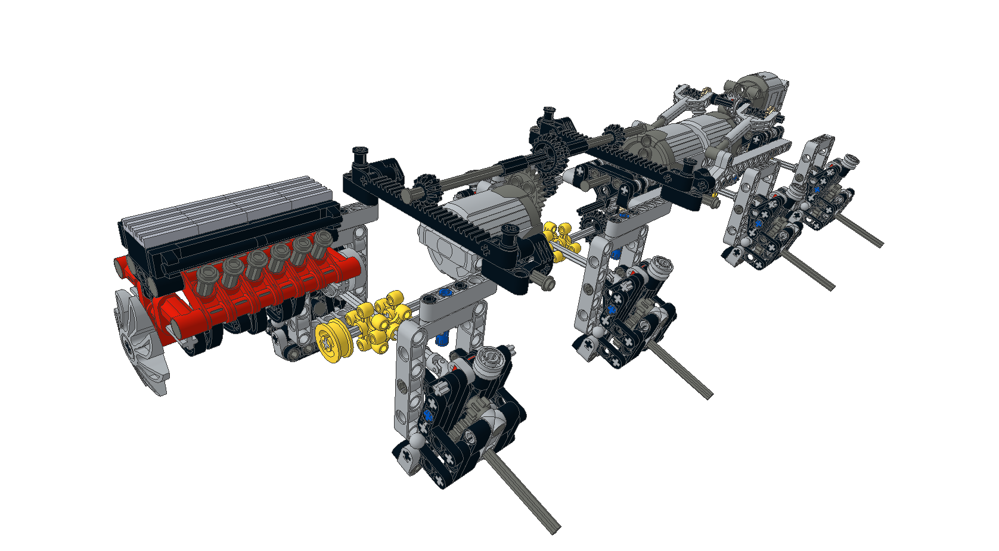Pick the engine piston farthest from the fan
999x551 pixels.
tap(322, 242)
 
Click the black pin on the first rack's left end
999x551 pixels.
tap(360, 158)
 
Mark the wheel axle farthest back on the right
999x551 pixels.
tap(858, 229)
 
